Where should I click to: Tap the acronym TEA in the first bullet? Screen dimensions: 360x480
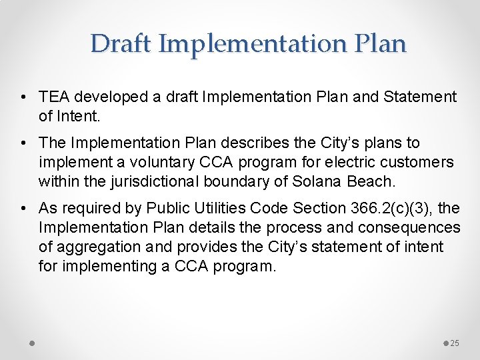click(53, 97)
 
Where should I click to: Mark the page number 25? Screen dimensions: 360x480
click(455, 343)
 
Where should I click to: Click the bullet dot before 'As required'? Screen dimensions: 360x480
click(24, 209)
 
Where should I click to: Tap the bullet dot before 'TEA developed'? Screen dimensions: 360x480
click(24, 97)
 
